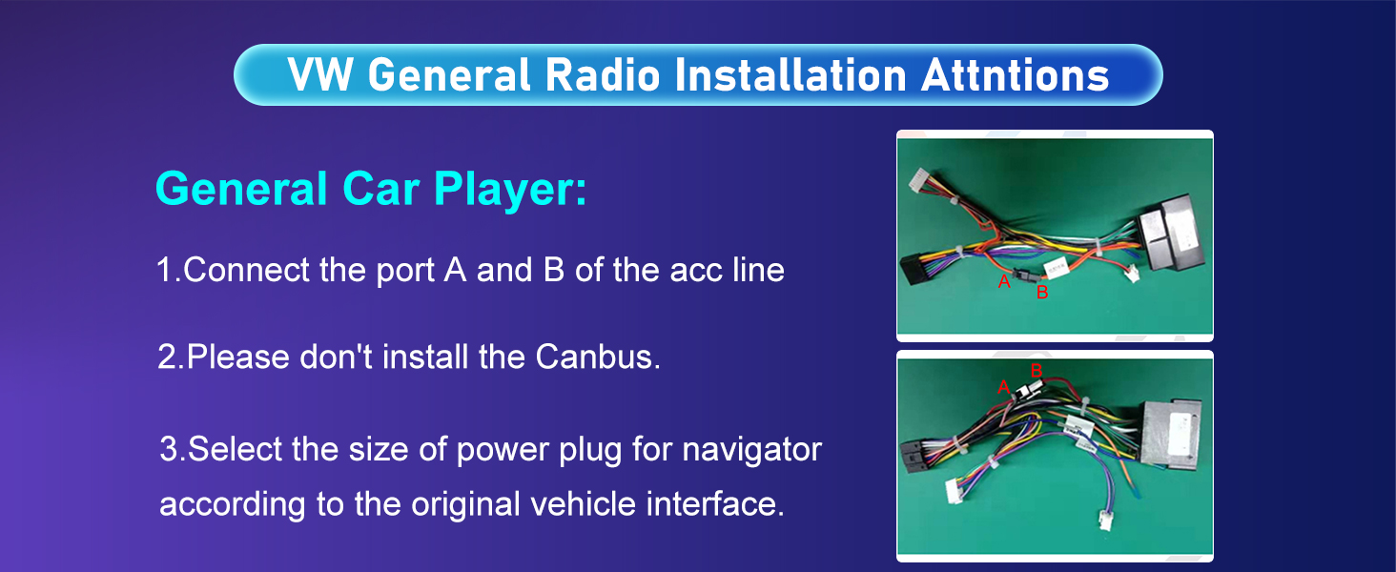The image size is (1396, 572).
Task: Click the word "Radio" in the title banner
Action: [x=602, y=75]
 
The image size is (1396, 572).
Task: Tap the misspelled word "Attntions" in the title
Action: [x=1016, y=75]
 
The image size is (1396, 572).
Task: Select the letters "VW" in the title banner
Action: [x=320, y=75]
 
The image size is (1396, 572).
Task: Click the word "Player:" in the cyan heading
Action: [x=510, y=189]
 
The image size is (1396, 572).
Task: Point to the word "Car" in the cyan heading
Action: [x=380, y=189]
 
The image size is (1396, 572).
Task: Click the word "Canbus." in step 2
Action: [x=598, y=357]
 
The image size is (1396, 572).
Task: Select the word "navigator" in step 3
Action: [x=752, y=450]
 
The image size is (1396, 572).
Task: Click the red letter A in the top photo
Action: [x=1003, y=281]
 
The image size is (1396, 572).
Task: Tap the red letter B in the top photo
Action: [x=1042, y=293]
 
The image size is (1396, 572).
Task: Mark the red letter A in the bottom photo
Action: [x=1003, y=388]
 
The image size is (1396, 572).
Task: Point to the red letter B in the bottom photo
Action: [x=1037, y=371]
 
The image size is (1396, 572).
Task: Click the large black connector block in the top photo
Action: [x=1168, y=233]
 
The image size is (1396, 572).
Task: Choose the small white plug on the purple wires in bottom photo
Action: [x=1105, y=521]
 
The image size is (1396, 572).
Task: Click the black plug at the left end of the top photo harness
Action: [x=917, y=269]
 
